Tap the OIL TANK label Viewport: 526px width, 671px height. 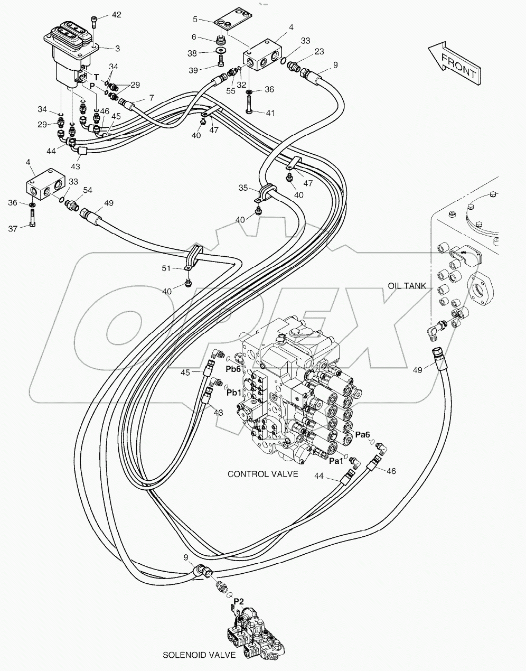pyautogui.click(x=407, y=286)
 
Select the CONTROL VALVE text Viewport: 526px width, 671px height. pyautogui.click(x=262, y=474)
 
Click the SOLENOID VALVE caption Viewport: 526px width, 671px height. pyautogui.click(x=199, y=655)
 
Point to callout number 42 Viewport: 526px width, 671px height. pyautogui.click(x=116, y=15)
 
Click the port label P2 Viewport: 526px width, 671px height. pyautogui.click(x=239, y=601)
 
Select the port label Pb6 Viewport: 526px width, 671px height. pyautogui.click(x=233, y=369)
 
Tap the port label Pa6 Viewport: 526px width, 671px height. pyautogui.click(x=362, y=434)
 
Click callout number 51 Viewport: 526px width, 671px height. pyautogui.click(x=166, y=268)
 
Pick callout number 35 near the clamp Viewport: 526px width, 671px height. pyautogui.click(x=242, y=188)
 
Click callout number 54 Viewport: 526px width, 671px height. pyautogui.click(x=87, y=190)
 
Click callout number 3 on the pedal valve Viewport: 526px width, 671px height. pyautogui.click(x=117, y=48)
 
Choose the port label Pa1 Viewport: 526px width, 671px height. pyautogui.click(x=336, y=461)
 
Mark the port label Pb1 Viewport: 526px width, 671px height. pyautogui.click(x=233, y=393)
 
